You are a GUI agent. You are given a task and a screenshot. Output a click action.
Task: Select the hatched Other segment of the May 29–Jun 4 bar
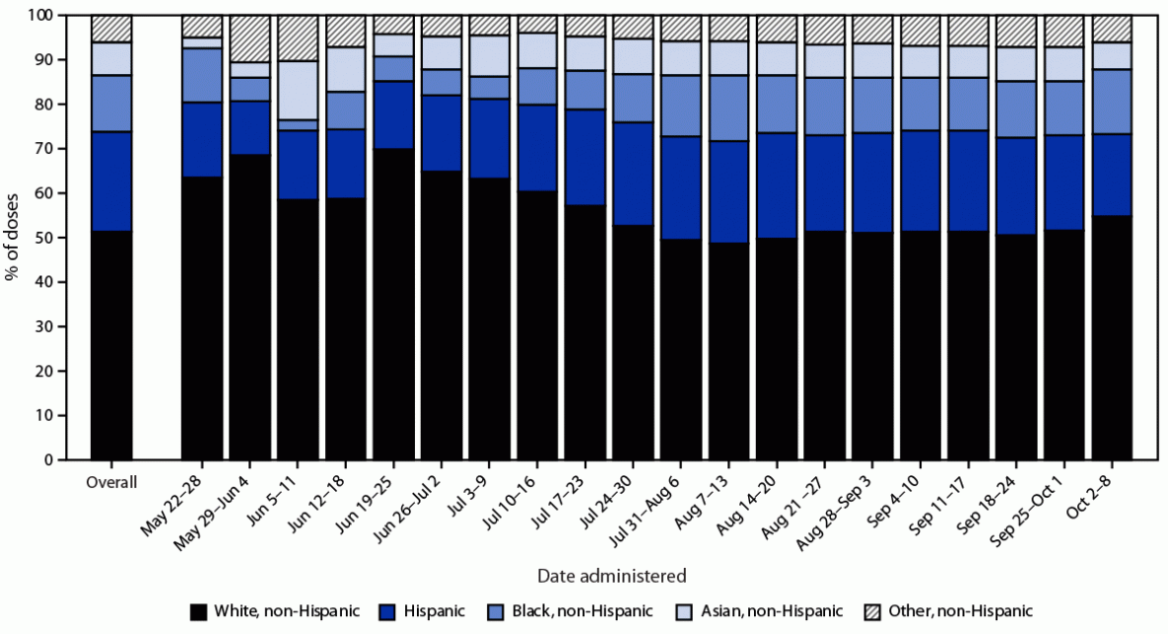click(250, 38)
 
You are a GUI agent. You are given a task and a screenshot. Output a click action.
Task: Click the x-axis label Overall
click(111, 483)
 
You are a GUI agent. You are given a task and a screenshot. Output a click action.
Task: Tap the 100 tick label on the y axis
click(42, 16)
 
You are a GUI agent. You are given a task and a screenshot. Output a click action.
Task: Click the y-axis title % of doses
click(14, 238)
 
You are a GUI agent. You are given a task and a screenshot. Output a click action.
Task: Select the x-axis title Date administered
click(611, 574)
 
